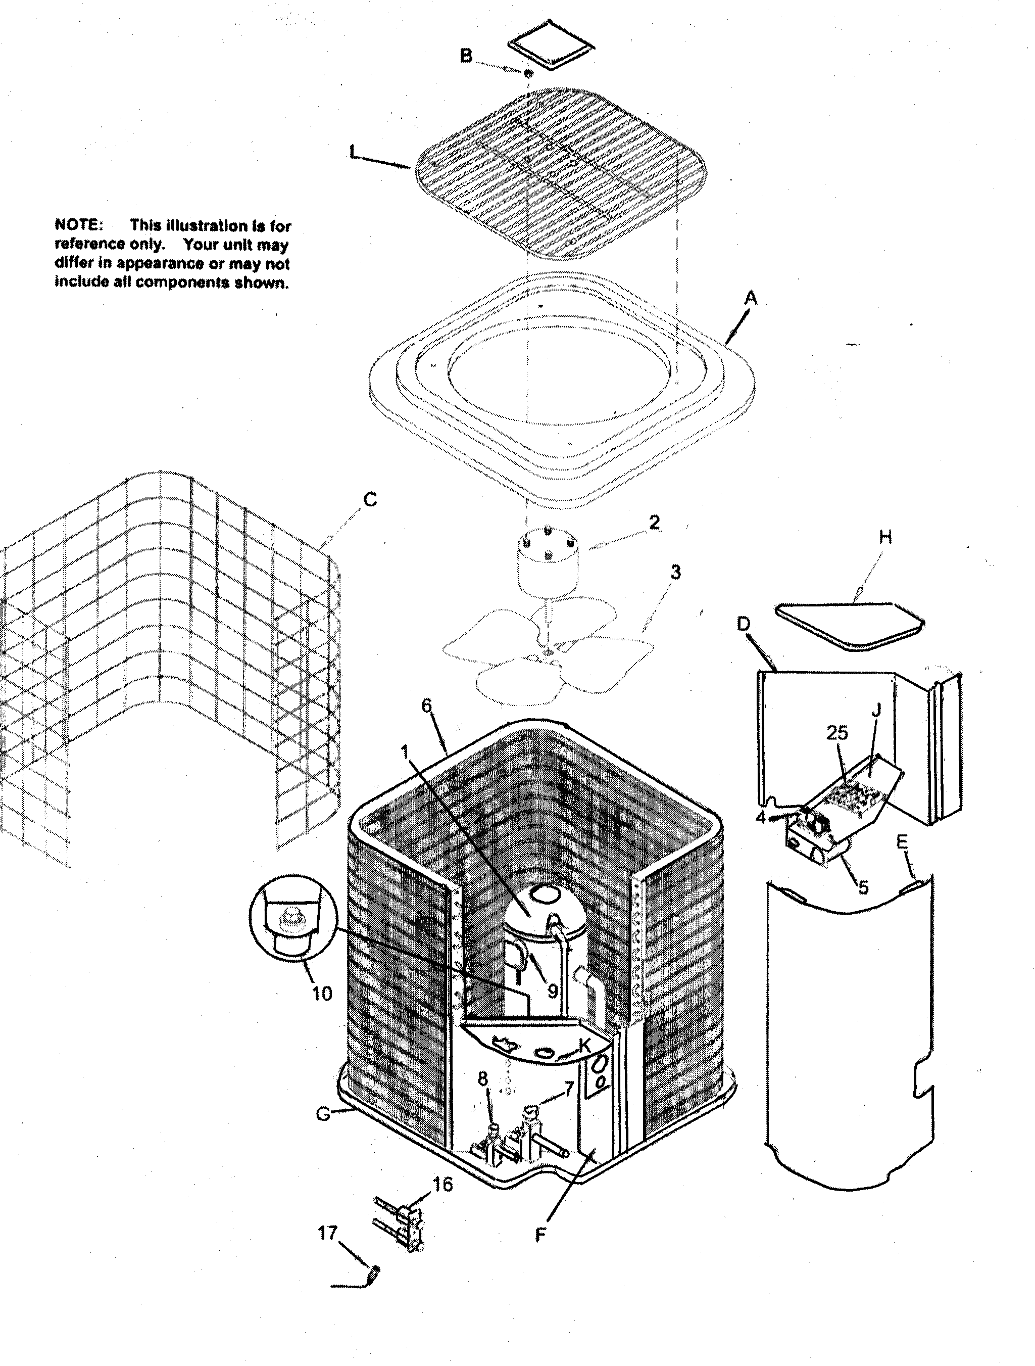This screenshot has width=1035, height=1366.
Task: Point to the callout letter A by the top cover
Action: click(x=750, y=299)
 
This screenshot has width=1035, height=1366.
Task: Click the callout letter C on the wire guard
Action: click(x=370, y=500)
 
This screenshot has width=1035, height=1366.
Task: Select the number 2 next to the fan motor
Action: click(x=654, y=523)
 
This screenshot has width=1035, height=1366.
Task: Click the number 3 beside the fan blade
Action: click(x=676, y=573)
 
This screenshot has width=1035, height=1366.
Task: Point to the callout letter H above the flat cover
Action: click(x=885, y=537)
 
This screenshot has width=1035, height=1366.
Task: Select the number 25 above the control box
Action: click(x=837, y=733)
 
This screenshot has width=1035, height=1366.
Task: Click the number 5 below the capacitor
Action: click(x=863, y=887)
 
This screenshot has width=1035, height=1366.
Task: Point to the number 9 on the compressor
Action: click(x=553, y=991)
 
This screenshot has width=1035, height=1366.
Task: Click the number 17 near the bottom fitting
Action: click(x=327, y=1233)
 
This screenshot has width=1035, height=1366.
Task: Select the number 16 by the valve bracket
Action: click(x=442, y=1185)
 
